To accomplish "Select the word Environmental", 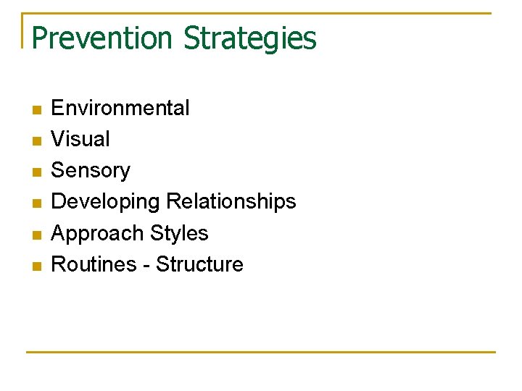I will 120,108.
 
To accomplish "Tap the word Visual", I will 80,139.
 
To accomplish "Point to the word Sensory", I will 91,171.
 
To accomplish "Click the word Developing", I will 106,202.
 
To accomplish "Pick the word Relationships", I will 231,201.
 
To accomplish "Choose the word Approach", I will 98,234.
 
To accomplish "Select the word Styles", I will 179,233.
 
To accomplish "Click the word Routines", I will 94,264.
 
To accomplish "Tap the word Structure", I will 199,264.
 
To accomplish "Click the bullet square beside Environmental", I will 37,110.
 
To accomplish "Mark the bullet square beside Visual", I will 37,141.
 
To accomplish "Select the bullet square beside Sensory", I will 37,172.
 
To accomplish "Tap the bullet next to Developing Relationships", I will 37,203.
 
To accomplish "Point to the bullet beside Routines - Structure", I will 37,266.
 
